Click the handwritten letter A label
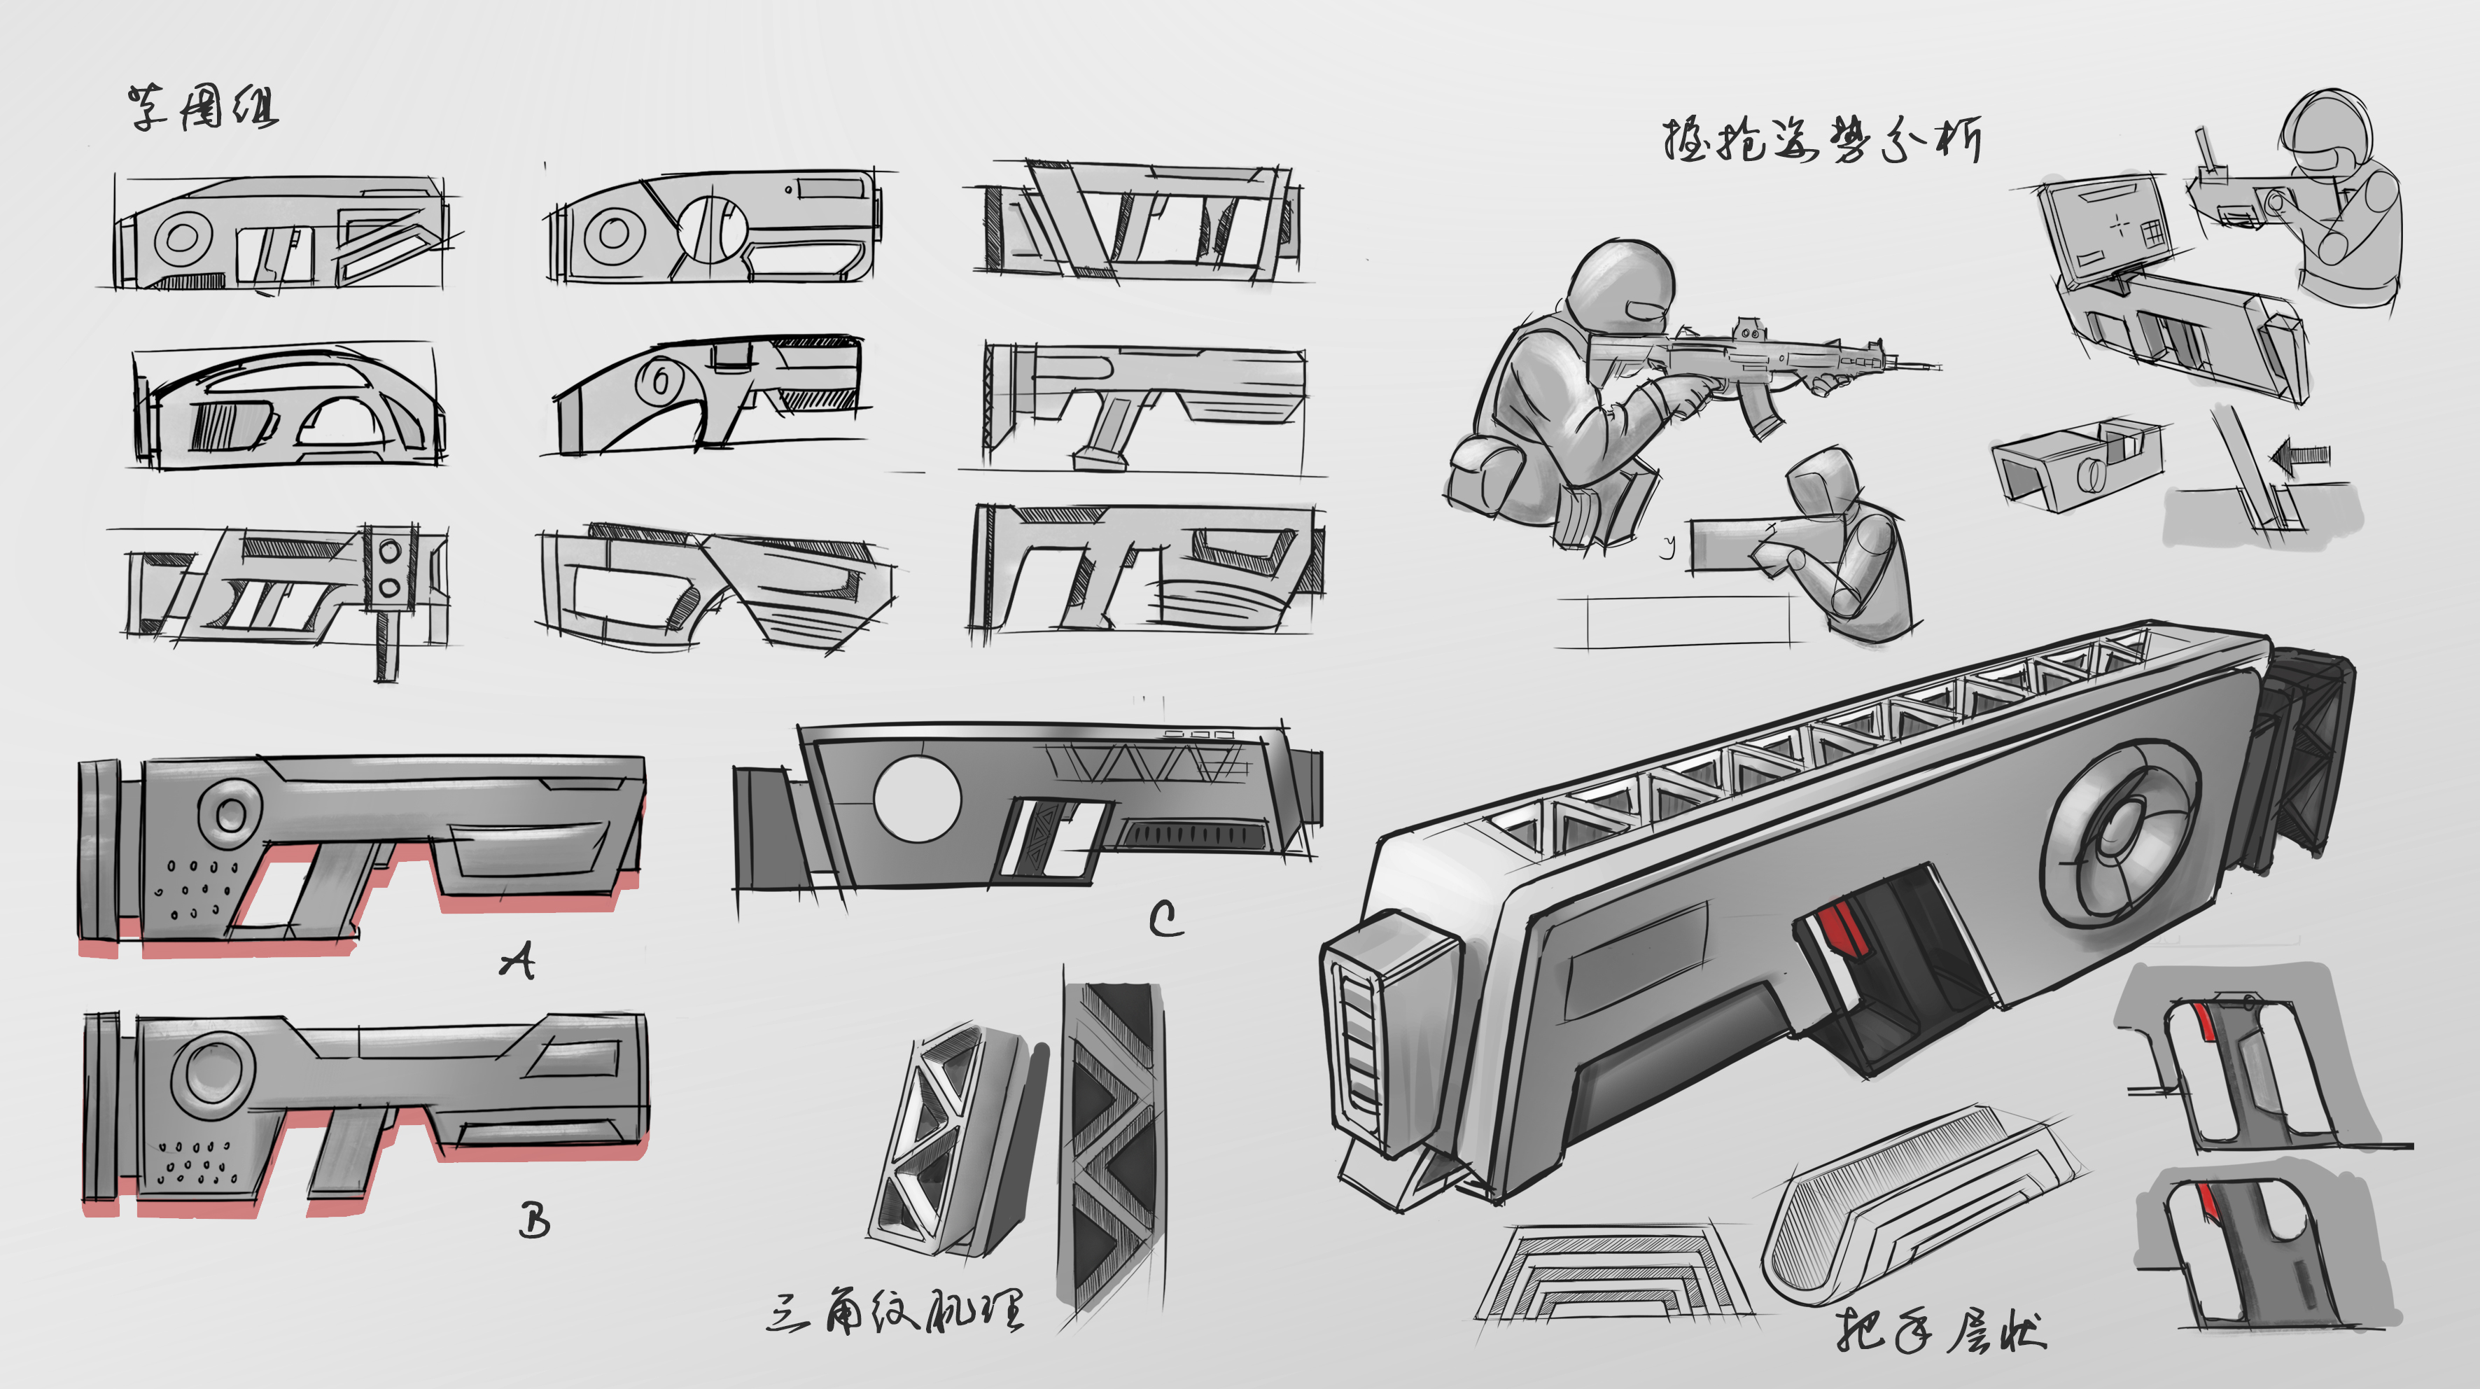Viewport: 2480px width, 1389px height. coord(518,960)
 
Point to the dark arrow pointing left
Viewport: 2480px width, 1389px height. coord(2303,456)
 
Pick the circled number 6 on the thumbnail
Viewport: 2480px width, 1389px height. coord(661,381)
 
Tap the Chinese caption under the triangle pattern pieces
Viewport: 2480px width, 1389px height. coord(895,1311)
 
